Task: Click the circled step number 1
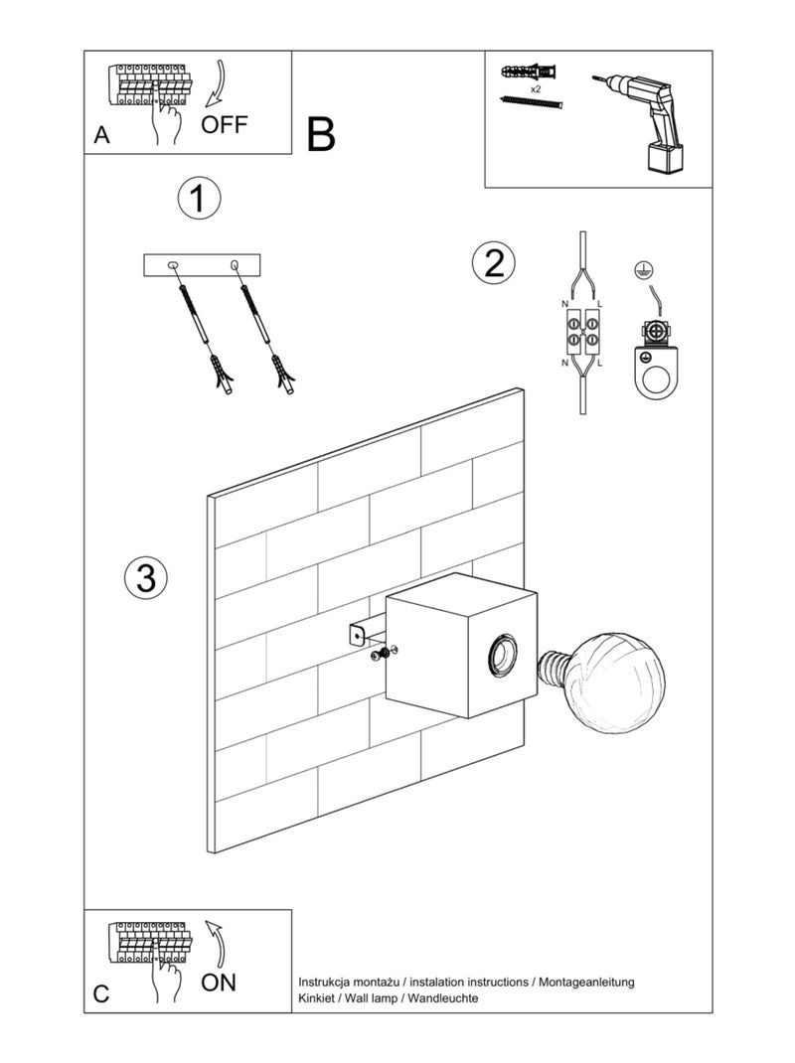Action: click(x=198, y=199)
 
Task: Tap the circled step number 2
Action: click(x=494, y=263)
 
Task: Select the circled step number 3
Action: click(x=146, y=577)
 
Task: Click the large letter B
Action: click(x=321, y=134)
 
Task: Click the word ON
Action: click(x=219, y=983)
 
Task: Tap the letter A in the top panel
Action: click(x=101, y=137)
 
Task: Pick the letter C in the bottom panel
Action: click(x=101, y=994)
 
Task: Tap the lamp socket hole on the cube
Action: click(x=501, y=653)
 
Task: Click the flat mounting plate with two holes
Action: click(x=202, y=264)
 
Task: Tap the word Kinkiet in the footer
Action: click(x=319, y=997)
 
